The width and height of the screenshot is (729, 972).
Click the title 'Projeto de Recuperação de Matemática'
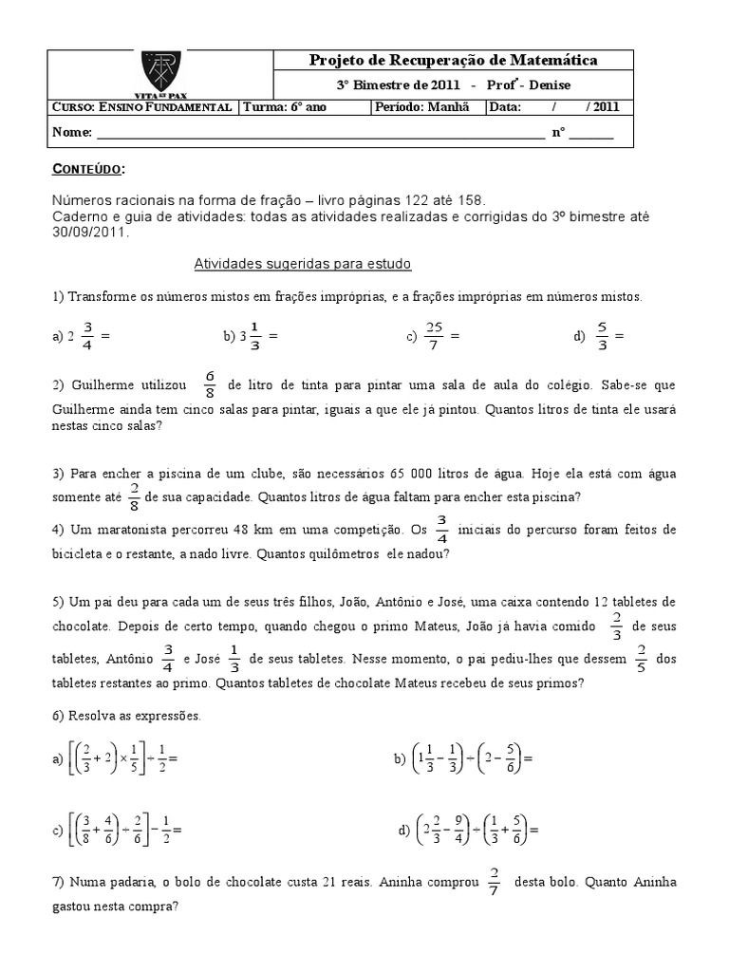(454, 61)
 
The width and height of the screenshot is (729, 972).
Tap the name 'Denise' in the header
(545, 85)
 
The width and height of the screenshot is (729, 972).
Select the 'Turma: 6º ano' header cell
(283, 107)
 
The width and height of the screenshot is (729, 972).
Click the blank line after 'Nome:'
(319, 134)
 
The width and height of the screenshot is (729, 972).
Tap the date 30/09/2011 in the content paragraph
(82, 231)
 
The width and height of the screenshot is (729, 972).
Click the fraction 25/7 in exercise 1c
(434, 335)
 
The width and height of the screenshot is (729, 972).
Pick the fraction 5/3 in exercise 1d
(602, 335)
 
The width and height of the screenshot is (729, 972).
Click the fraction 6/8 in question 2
(210, 385)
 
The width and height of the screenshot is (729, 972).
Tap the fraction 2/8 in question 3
(135, 495)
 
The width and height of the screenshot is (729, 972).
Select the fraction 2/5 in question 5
(641, 658)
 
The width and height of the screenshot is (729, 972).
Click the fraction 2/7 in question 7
(495, 882)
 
